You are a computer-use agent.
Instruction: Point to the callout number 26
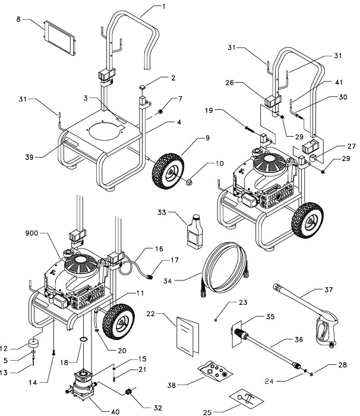[230, 84]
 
